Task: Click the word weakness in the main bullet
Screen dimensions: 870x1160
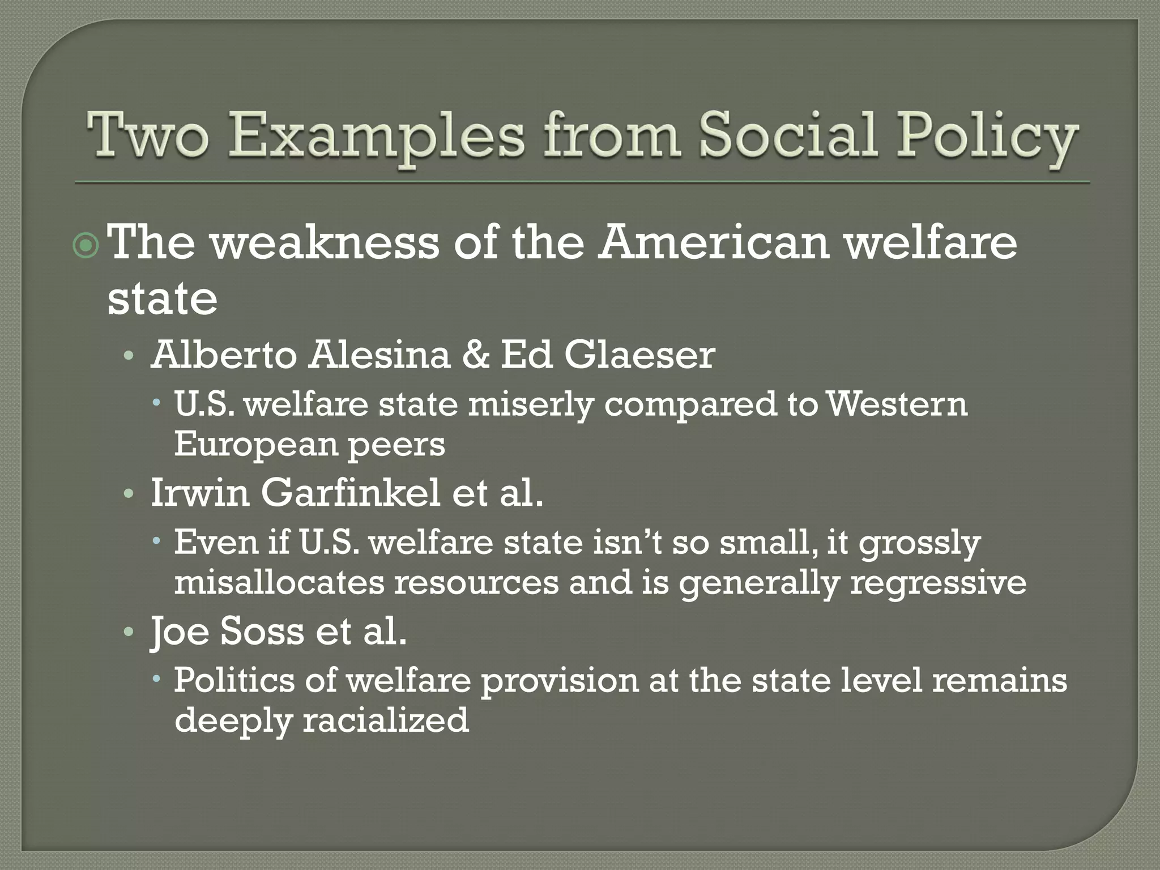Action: pos(325,243)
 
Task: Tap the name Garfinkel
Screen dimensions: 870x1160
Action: pos(351,493)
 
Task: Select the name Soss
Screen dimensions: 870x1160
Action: pos(262,631)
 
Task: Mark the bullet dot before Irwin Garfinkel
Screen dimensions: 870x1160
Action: pos(129,494)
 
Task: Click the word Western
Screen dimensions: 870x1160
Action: pos(897,404)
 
